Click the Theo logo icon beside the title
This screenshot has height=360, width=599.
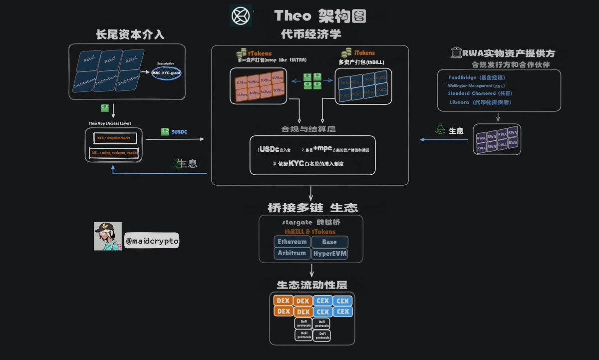tap(241, 15)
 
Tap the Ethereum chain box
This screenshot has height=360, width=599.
tap(292, 242)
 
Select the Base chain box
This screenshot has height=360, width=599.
tap(329, 242)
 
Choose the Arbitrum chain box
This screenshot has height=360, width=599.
tap(292, 253)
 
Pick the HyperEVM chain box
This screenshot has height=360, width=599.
tap(329, 254)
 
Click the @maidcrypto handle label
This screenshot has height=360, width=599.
tap(152, 241)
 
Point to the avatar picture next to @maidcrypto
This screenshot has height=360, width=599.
tap(108, 236)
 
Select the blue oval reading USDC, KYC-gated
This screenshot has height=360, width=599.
tap(167, 73)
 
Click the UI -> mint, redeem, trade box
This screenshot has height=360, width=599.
tap(115, 152)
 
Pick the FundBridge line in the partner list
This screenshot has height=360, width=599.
tap(477, 78)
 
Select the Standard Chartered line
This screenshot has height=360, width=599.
tap(480, 93)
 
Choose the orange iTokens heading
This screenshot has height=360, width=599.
tap(364, 53)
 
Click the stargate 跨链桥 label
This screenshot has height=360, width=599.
tap(310, 222)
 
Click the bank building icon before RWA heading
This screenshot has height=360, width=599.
tap(456, 53)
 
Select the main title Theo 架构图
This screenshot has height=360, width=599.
tap(320, 16)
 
